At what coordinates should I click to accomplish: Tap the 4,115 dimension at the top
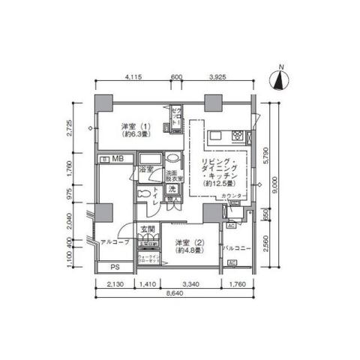[134, 77]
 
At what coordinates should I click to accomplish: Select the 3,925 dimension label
[216, 77]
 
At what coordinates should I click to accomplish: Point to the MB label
[118, 160]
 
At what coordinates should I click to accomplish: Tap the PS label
[115, 266]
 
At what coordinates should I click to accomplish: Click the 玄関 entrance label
[148, 229]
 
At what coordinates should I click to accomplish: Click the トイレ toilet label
[156, 196]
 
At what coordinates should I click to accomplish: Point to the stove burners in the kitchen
[238, 136]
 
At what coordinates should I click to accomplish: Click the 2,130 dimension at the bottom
[115, 284]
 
